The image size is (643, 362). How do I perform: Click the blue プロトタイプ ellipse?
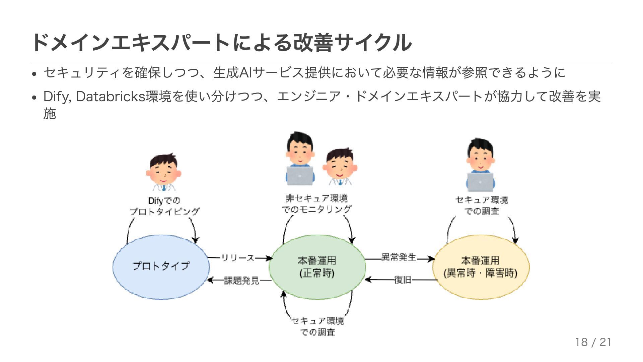pos(161,267)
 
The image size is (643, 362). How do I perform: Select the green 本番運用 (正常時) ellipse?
pos(317,267)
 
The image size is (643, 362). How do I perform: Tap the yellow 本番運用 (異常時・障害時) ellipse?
pos(481,267)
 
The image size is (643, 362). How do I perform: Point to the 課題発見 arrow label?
pos(241,280)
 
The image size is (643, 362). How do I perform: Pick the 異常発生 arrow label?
pos(399,257)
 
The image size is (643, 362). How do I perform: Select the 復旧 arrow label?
pos(403,280)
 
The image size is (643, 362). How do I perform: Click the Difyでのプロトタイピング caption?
pos(164,206)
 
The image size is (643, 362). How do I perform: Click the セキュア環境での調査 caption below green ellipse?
pos(317,326)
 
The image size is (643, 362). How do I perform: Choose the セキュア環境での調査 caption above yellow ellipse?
pos(482,205)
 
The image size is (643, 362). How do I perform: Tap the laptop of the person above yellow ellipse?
pos(481,181)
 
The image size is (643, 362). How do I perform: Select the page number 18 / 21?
pos(593,342)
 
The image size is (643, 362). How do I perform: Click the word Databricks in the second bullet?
pos(111,97)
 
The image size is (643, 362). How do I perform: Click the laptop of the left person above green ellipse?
pos(300,175)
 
